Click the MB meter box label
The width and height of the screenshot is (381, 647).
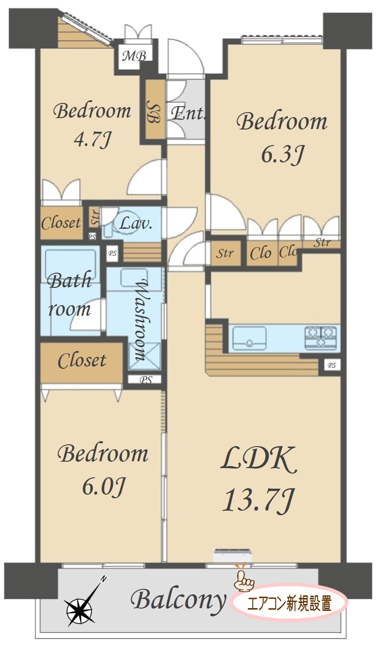pos(134,56)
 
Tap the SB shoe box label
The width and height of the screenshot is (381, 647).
pos(153,112)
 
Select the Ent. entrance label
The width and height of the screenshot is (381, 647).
pos(188,113)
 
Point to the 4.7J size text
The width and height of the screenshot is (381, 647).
pos(93,140)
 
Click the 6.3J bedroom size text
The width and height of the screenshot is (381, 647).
pos(283,155)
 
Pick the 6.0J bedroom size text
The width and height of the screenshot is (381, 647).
pos(103,486)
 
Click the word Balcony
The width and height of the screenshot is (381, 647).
pos(179,601)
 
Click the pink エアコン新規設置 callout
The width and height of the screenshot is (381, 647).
pos(289,603)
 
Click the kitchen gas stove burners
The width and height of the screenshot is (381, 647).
pos(321,336)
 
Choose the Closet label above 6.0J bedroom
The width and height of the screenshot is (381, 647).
pos(82,361)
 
